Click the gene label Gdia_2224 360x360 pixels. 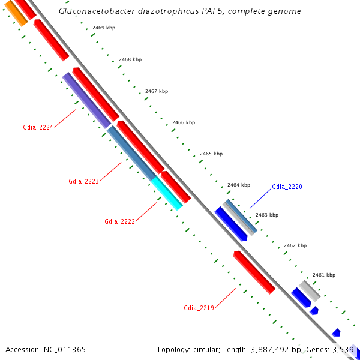click(x=38, y=127)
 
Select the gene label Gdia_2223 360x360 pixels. click(x=83, y=181)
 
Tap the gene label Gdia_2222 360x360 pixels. click(x=119, y=221)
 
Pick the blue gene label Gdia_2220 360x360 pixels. click(x=287, y=187)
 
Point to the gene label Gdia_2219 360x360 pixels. click(x=199, y=308)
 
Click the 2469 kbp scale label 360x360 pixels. click(x=104, y=28)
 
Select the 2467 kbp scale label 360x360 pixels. click(x=157, y=91)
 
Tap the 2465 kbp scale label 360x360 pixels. click(x=211, y=154)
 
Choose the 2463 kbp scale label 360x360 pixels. click(x=266, y=215)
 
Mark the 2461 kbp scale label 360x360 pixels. click(x=323, y=275)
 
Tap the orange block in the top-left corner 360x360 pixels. click(x=16, y=14)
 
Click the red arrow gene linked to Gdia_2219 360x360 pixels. click(x=254, y=272)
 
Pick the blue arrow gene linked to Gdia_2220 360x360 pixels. click(x=231, y=224)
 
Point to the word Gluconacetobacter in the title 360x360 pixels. click(x=93, y=11)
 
